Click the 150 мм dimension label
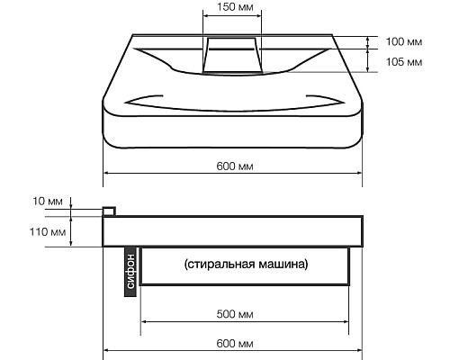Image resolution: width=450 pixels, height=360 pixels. pos(232,7)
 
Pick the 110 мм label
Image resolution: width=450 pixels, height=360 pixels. pos(47,232)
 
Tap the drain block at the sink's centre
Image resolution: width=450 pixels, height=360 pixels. pos(231,54)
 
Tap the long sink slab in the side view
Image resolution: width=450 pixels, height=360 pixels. pos(233,231)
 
